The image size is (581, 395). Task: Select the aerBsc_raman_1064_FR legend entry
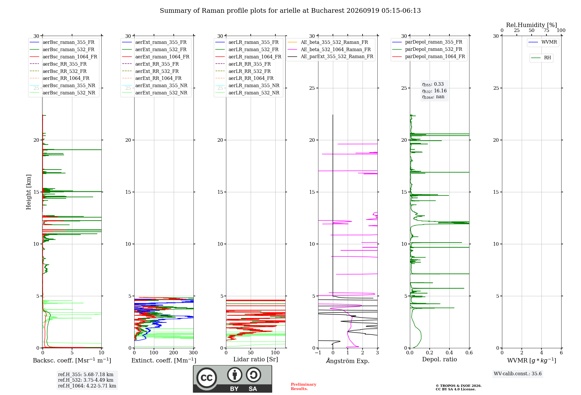click(x=63, y=57)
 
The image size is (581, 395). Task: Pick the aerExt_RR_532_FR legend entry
click(x=150, y=71)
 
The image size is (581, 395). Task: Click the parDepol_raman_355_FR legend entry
click(x=427, y=42)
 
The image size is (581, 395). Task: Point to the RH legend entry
click(x=541, y=58)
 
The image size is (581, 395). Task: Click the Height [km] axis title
click(x=28, y=192)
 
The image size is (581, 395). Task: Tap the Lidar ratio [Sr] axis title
click(x=256, y=359)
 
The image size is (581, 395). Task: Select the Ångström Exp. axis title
click(x=348, y=361)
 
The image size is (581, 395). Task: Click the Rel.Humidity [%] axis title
click(x=532, y=25)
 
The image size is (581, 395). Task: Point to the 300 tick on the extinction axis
click(x=193, y=353)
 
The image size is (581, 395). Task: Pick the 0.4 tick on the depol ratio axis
click(x=449, y=353)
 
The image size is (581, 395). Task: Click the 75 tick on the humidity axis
click(x=546, y=30)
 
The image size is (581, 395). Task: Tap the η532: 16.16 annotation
click(x=434, y=91)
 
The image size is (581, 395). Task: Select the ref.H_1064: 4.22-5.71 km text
click(x=87, y=386)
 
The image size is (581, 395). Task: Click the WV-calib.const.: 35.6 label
click(x=518, y=374)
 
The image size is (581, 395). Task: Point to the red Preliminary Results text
click(x=304, y=387)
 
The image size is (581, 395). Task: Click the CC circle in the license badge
click(x=207, y=378)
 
